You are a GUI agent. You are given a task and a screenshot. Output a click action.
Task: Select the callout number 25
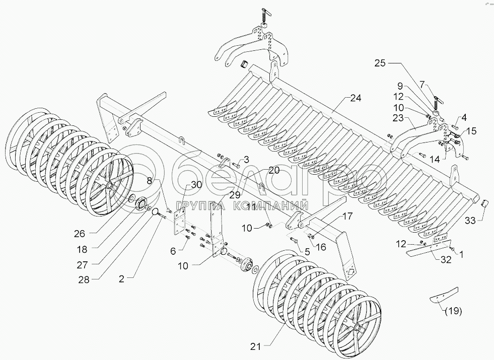[381, 64]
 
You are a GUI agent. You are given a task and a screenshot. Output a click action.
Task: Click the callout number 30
[196, 185]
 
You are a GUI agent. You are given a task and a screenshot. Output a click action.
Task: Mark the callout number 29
[221, 194]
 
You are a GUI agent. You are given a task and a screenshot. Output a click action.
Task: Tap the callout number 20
[273, 170]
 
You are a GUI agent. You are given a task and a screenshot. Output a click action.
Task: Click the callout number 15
[470, 131]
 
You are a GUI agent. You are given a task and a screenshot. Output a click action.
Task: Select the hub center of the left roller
[108, 187]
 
